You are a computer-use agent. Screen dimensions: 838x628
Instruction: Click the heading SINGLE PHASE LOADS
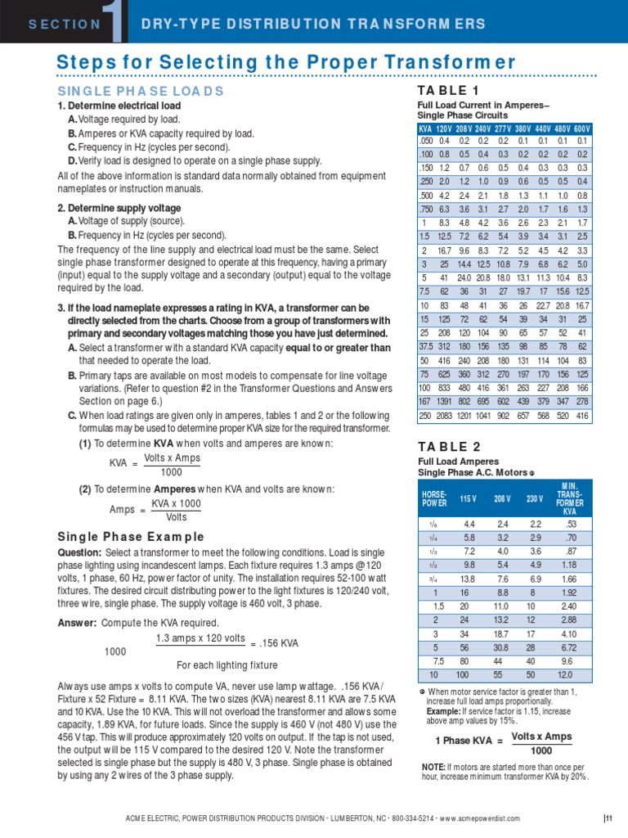pos(140,91)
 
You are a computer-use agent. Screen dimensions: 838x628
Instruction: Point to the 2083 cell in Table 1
pos(445,417)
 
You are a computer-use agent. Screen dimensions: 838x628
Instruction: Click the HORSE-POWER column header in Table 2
pos(433,499)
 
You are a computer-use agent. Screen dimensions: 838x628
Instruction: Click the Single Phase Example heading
pos(130,537)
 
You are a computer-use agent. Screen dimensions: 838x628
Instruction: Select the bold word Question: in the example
pos(78,552)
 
